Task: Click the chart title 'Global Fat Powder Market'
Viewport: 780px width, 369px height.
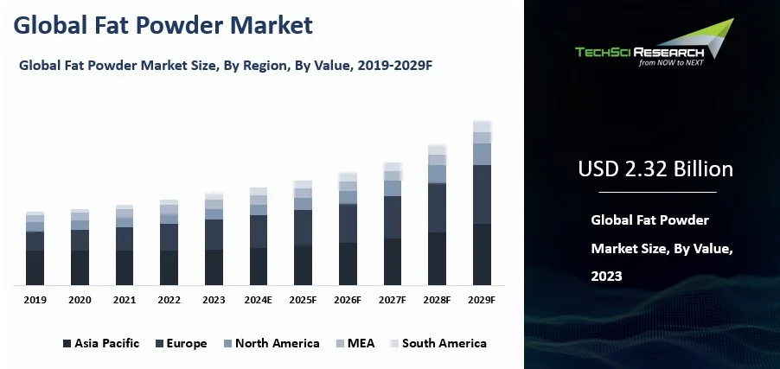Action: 163,26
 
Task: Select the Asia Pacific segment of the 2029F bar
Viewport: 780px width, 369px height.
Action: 482,254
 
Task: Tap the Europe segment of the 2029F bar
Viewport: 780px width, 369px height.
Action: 482,194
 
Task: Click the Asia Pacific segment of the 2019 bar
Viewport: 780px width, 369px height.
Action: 35,267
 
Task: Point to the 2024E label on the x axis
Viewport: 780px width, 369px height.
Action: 259,299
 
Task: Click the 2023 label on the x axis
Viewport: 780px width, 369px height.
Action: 214,299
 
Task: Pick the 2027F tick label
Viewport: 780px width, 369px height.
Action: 393,299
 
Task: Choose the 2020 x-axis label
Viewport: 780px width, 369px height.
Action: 80,299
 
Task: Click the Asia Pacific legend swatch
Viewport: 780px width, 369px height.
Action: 67,344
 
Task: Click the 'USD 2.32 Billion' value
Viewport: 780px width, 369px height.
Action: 655,169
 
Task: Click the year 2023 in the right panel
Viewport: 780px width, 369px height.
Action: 606,277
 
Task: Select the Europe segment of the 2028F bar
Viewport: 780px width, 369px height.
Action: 437,207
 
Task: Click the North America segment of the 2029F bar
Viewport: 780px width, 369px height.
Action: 482,154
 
